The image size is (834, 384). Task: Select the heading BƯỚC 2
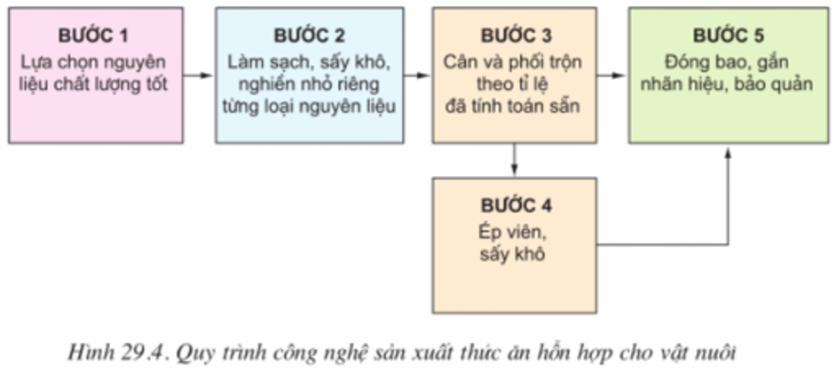coord(309,36)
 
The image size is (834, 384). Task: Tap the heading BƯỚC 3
coord(516,36)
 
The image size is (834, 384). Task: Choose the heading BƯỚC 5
coord(728,36)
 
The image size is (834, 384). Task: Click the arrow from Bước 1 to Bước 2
coord(199,76)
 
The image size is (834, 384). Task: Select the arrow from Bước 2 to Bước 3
coord(417,76)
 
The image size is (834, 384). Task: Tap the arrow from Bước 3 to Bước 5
coord(612,76)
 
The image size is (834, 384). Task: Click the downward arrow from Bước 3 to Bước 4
coord(514,159)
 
